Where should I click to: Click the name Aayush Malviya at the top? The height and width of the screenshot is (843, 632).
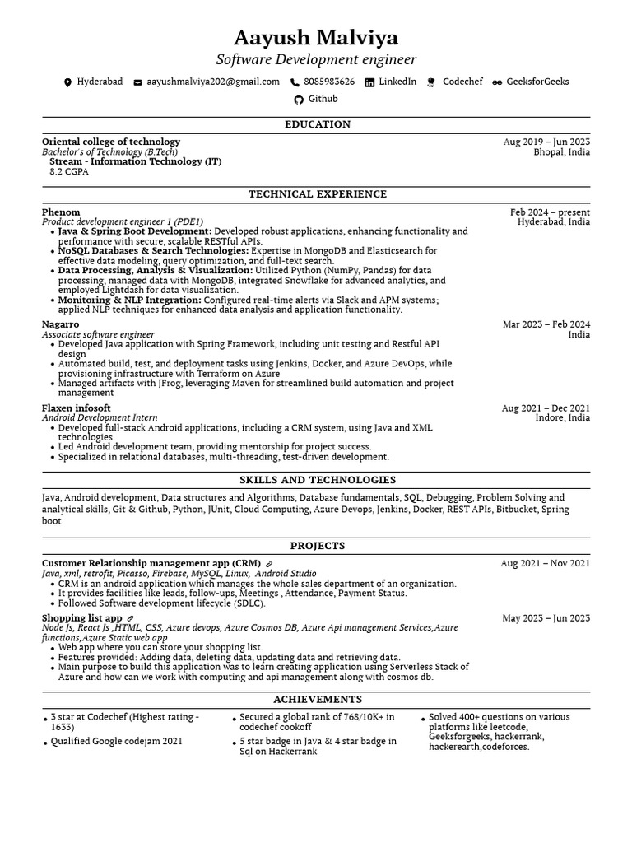(x=316, y=38)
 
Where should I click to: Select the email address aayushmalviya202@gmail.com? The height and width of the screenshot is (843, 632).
(x=213, y=82)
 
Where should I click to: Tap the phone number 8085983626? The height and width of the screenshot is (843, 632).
(x=329, y=82)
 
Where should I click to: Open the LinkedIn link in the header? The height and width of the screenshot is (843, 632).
(x=397, y=82)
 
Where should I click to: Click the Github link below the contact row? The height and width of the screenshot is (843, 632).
(x=323, y=99)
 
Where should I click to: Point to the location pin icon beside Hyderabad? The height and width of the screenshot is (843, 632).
(x=67, y=82)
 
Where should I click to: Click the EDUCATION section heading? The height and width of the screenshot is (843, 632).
(x=317, y=124)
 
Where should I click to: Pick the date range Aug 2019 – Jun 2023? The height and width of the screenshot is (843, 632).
(x=546, y=142)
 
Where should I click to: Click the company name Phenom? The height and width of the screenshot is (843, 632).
(x=61, y=212)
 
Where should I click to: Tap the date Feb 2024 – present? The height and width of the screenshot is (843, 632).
(x=550, y=212)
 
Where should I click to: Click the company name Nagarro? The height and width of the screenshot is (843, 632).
(x=61, y=324)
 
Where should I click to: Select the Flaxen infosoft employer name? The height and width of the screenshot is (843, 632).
(x=76, y=408)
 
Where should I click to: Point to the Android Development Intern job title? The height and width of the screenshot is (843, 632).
(x=100, y=418)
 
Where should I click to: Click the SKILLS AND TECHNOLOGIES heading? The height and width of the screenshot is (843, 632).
(x=317, y=480)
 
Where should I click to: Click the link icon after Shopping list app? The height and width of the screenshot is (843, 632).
(x=130, y=618)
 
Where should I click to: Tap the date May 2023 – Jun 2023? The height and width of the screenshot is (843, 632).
(x=546, y=618)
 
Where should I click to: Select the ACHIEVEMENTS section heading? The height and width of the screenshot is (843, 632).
(x=317, y=699)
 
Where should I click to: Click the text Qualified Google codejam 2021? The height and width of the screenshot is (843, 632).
(x=116, y=741)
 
